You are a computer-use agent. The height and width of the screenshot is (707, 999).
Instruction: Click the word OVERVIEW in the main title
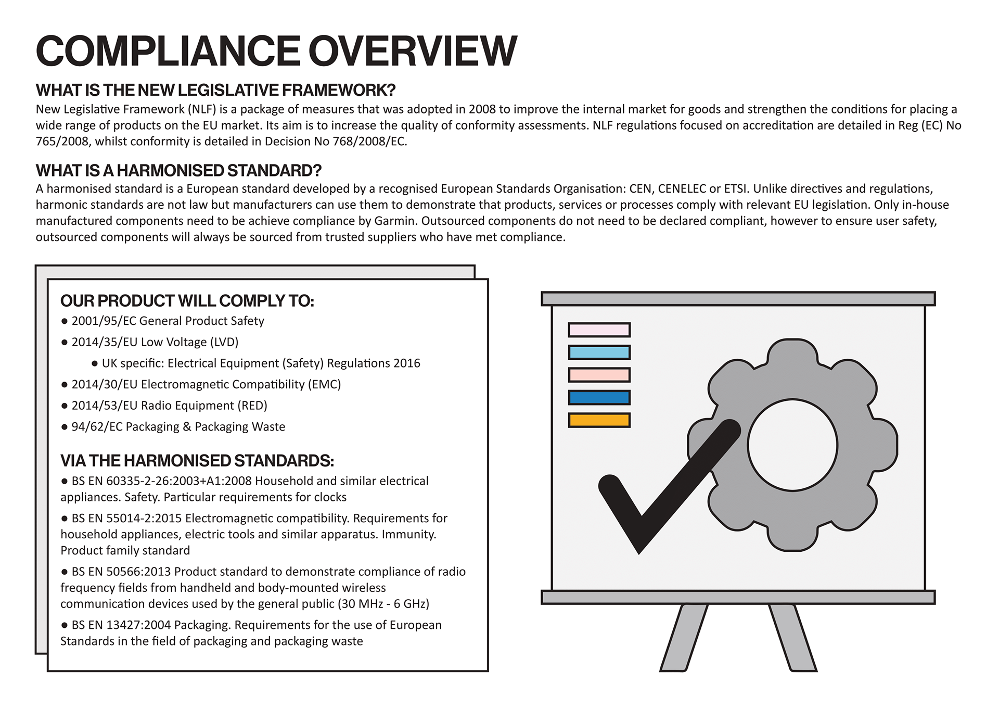pyautogui.click(x=413, y=51)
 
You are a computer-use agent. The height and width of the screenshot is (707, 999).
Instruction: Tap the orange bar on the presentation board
pyautogui.click(x=599, y=420)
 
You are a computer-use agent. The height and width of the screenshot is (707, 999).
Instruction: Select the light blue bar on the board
pyautogui.click(x=599, y=352)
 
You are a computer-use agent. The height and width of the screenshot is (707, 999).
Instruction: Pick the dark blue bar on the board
pyautogui.click(x=599, y=398)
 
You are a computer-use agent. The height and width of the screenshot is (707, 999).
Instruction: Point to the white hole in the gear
pyautogui.click(x=792, y=446)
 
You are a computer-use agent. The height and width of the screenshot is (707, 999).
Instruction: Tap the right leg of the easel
pyautogui.click(x=792, y=638)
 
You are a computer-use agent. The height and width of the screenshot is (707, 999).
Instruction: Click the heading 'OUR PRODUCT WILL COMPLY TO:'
pyautogui.click(x=187, y=301)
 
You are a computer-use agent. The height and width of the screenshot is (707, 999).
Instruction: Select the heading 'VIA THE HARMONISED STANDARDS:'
pyautogui.click(x=197, y=461)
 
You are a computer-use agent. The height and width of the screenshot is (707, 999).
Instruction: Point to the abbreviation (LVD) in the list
pyautogui.click(x=224, y=342)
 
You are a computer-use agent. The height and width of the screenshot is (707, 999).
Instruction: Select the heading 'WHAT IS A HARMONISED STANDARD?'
pyautogui.click(x=178, y=170)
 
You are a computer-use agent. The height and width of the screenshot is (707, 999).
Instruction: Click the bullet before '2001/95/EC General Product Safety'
pyautogui.click(x=65, y=321)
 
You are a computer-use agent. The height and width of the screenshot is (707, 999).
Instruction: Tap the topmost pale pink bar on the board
pyautogui.click(x=599, y=330)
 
